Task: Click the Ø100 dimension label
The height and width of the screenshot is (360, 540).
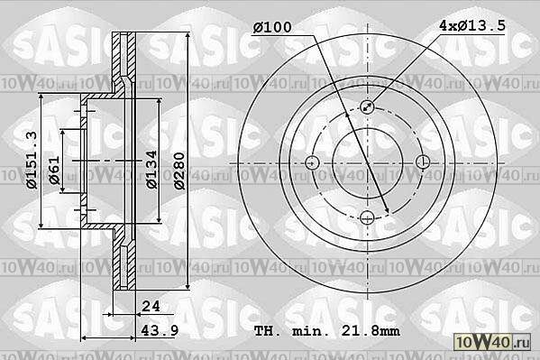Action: click(x=272, y=27)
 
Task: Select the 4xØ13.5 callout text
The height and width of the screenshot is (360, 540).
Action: click(x=472, y=25)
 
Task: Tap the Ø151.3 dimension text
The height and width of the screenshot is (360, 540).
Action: click(x=32, y=160)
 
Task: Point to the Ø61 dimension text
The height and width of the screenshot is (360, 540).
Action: click(x=54, y=170)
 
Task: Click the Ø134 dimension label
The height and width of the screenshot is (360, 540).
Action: click(x=151, y=170)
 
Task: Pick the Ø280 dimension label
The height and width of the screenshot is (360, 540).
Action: click(x=179, y=171)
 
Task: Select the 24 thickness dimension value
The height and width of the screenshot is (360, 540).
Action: click(x=151, y=306)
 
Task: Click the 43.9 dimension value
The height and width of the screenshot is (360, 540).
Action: click(x=160, y=330)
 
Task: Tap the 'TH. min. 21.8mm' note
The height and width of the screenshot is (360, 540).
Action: click(x=327, y=331)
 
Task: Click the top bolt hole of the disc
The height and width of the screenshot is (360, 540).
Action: click(x=368, y=106)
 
